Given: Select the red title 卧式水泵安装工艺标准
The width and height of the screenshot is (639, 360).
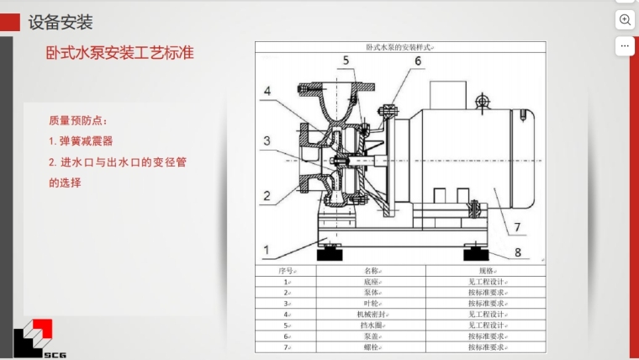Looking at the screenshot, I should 119,53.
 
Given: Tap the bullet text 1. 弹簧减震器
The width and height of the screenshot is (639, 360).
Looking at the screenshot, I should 81,140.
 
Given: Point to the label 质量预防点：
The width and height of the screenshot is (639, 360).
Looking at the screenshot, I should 78,120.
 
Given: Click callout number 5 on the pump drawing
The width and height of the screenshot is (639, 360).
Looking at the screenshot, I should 346,60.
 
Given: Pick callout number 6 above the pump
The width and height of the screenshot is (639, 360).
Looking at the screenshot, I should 417,61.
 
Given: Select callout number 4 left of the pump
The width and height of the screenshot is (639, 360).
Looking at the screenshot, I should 267,91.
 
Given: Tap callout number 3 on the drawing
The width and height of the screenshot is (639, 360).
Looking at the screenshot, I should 266,141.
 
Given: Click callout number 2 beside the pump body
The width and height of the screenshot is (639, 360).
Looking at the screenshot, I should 267,196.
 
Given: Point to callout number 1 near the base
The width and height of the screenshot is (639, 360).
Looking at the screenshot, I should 267,249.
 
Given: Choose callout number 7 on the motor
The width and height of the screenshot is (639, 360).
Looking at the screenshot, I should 518,226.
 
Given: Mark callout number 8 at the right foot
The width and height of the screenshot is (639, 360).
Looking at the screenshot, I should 518,251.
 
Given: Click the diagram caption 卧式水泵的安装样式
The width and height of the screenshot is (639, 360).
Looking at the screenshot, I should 400,48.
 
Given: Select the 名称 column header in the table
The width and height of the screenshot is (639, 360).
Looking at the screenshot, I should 372,272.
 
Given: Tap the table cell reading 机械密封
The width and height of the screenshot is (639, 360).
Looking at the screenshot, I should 372,314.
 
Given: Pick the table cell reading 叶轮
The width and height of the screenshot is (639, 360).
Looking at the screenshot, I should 372,303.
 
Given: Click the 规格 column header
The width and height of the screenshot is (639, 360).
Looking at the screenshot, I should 486,272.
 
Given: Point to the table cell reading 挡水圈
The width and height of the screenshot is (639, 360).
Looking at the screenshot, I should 372,325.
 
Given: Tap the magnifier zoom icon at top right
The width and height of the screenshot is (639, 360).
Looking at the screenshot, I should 626,19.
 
